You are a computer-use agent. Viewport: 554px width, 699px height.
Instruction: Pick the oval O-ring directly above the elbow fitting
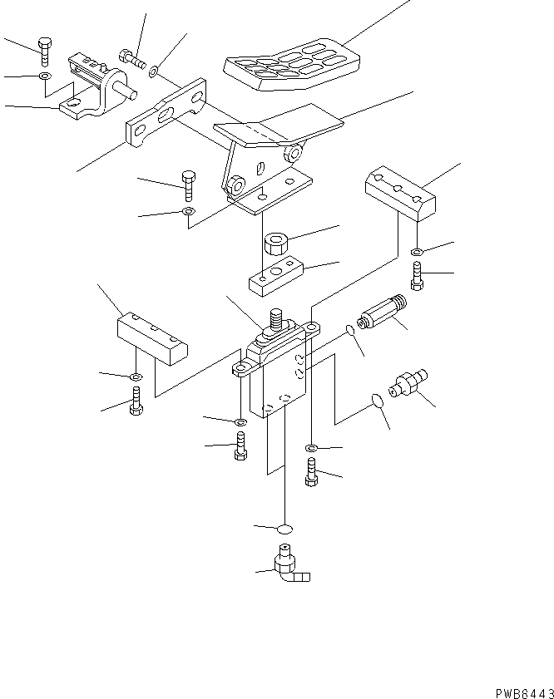pos(285,529)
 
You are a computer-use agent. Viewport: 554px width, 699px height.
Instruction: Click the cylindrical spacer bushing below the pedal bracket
pos(275,245)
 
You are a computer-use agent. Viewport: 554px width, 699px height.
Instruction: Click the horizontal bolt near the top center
pos(132,58)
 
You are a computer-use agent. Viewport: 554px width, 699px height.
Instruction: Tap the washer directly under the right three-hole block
pos(417,253)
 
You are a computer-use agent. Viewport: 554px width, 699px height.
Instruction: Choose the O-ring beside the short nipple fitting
pos(376,401)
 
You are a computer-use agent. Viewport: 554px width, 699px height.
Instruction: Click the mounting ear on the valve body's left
pos(241,367)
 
